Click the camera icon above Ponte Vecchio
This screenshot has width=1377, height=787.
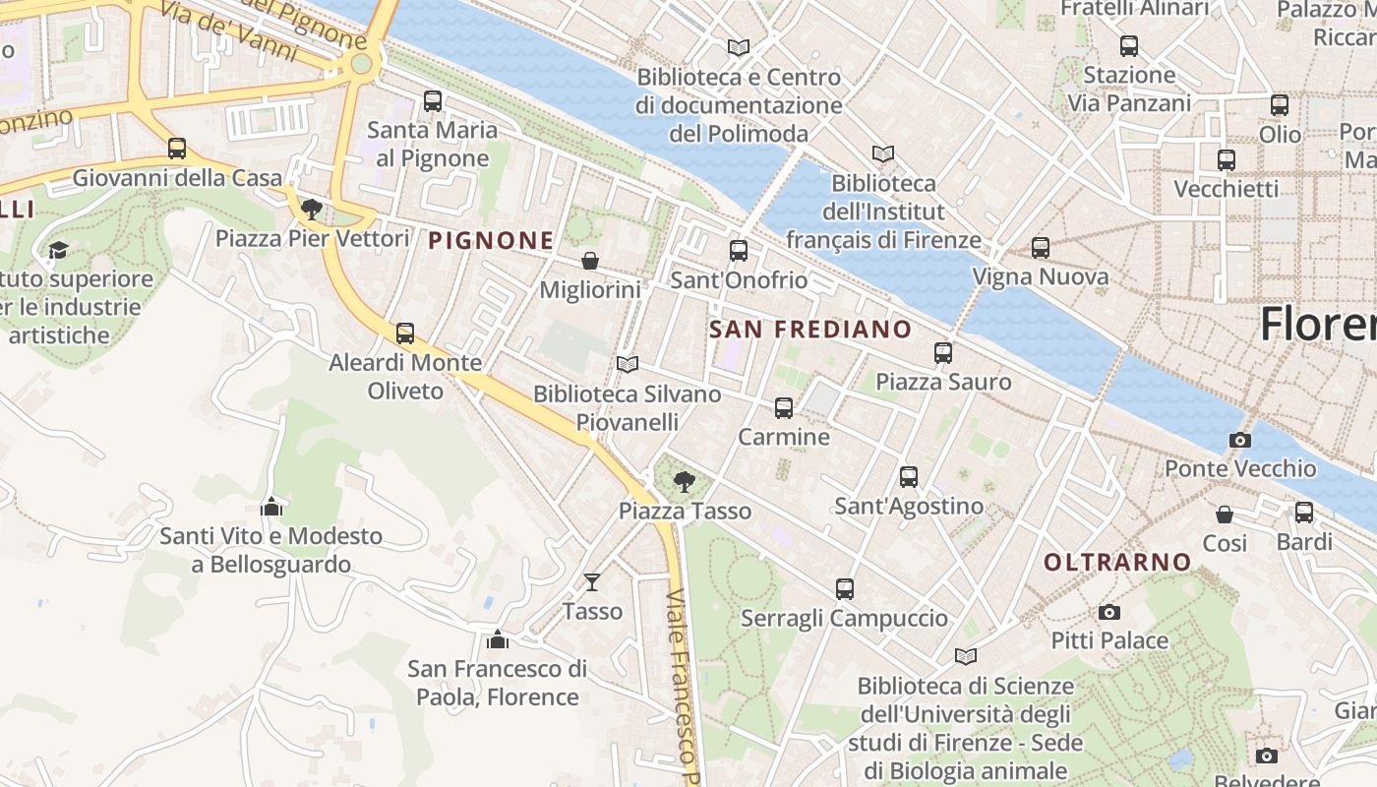[1240, 440]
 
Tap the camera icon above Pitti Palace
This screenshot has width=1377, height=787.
[1109, 612]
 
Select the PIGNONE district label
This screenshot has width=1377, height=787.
[491, 240]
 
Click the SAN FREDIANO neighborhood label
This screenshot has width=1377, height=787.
[809, 329]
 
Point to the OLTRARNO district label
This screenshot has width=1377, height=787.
[1116, 563]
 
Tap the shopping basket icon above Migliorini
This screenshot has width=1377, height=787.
[590, 261]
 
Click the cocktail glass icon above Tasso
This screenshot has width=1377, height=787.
[591, 582]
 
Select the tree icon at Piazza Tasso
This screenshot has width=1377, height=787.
[684, 482]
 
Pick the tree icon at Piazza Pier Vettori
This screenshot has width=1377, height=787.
[312, 209]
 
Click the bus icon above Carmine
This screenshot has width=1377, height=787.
[783, 407]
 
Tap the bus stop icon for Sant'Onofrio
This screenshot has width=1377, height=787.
[739, 251]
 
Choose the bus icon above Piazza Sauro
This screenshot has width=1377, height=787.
[943, 352]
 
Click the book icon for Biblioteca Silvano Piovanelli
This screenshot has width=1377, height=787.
[628, 364]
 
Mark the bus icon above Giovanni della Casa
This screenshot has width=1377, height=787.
[177, 149]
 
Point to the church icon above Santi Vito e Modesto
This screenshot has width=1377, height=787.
[271, 507]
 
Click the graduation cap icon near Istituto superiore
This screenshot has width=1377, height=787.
[58, 250]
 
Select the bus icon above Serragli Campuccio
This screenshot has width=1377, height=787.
[844, 589]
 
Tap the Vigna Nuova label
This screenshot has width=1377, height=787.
[1041, 277]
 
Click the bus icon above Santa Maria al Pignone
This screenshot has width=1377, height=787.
[433, 100]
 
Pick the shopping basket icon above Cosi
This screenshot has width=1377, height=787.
[1225, 515]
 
